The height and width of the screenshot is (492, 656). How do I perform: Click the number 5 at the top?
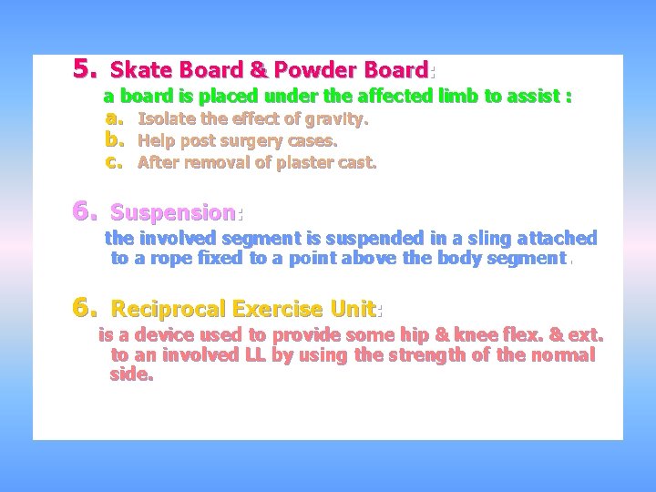coord(85,68)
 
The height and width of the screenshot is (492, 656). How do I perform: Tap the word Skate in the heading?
coord(138,70)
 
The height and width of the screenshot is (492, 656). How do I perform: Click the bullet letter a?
coord(113,118)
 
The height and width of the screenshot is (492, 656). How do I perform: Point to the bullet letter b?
coord(113,140)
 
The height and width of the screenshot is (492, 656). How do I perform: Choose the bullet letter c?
coord(113,162)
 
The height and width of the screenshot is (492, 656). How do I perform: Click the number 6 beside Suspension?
coord(85,211)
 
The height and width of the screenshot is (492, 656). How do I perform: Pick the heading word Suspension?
coord(173,213)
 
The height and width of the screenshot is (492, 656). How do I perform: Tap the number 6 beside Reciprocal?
coord(85,307)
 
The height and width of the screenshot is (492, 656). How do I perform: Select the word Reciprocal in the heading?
coord(169,309)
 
